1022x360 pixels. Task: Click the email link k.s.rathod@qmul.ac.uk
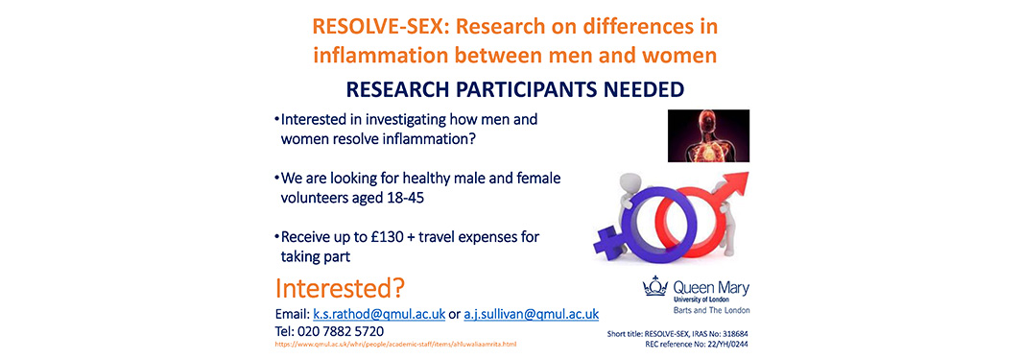[x=379, y=314]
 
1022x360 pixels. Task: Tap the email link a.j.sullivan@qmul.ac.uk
[x=532, y=314]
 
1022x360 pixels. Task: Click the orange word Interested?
[x=341, y=288]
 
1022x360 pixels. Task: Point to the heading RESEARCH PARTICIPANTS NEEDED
[x=515, y=88]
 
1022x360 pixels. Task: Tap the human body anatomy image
[x=708, y=135]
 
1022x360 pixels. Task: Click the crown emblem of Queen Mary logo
[x=655, y=286]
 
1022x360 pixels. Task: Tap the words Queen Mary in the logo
[x=710, y=288]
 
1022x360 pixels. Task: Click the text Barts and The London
[x=711, y=310]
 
